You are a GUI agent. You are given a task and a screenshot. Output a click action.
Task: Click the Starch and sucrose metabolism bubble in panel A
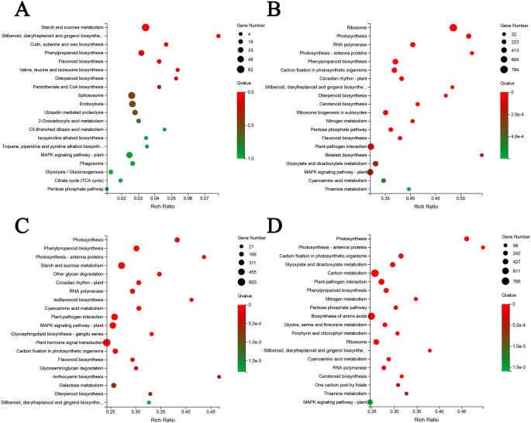146,27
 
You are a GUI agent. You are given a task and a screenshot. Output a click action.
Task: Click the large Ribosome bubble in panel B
453,28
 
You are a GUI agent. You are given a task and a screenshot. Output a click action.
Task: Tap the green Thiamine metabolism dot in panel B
409,189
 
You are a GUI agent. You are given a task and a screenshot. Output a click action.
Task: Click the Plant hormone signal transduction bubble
107,342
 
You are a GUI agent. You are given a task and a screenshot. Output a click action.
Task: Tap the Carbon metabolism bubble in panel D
375,273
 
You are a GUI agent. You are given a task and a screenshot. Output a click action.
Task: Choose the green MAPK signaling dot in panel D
370,402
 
